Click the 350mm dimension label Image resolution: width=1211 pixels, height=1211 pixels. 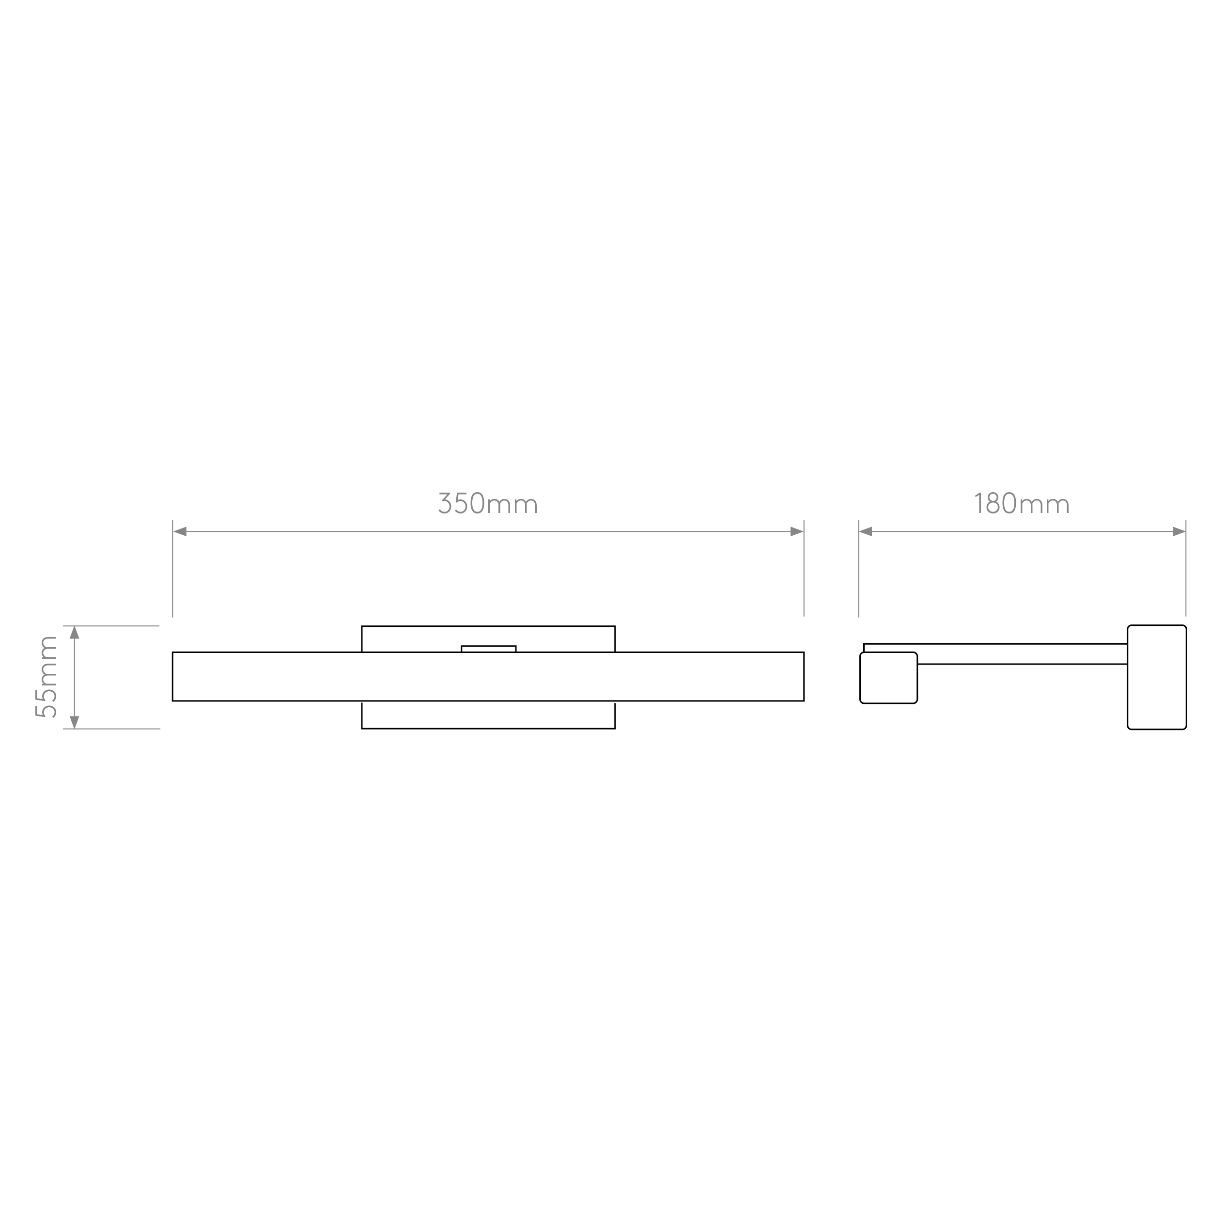[x=488, y=504]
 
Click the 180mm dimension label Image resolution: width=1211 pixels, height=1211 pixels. [x=1021, y=504]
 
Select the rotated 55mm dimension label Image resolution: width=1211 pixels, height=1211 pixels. [x=47, y=677]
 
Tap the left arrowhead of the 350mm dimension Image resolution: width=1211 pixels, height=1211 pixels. [x=180, y=531]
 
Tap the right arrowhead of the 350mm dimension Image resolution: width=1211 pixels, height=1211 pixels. [x=797, y=531]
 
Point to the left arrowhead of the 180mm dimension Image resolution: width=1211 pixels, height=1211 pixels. [x=866, y=531]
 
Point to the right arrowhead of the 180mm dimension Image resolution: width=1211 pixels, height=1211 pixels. [x=1179, y=531]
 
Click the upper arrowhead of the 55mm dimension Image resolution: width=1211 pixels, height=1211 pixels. [x=75, y=633]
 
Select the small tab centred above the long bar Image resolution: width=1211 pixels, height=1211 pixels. [x=488, y=649]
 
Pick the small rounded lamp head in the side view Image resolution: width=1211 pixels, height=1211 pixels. [x=888, y=678]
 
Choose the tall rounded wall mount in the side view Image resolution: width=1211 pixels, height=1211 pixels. [x=1156, y=677]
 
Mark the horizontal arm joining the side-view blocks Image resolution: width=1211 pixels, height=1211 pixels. [x=1022, y=654]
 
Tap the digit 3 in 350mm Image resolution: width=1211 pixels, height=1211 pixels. [x=445, y=504]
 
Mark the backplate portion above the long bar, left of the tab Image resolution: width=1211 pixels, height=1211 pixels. [x=411, y=639]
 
